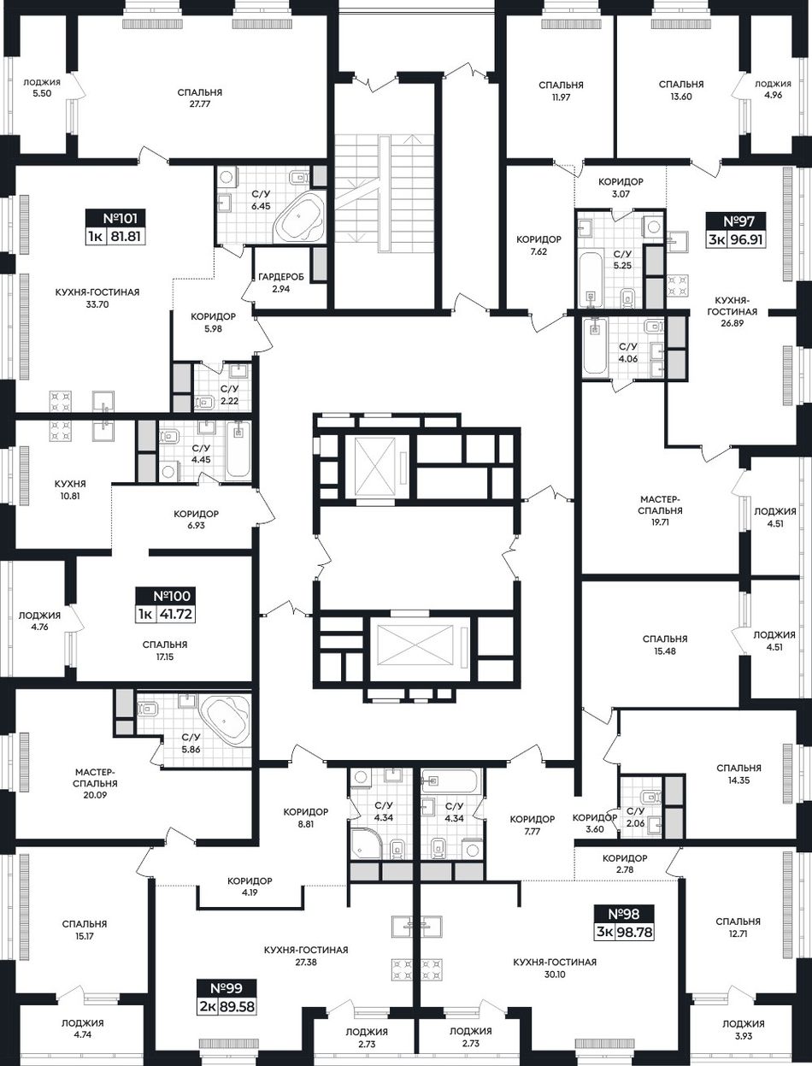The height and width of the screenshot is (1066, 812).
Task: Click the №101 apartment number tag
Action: pyautogui.click(x=115, y=227)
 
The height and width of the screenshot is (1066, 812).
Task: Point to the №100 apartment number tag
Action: pyautogui.click(x=166, y=605)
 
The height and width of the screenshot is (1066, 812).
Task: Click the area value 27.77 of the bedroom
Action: pyautogui.click(x=199, y=104)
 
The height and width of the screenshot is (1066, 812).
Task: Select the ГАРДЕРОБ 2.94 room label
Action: pyautogui.click(x=281, y=283)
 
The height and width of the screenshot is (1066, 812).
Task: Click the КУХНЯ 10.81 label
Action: pyautogui.click(x=70, y=490)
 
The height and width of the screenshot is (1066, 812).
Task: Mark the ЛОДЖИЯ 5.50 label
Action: pyautogui.click(x=42, y=88)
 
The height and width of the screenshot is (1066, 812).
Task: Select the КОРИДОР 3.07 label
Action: pyautogui.click(x=621, y=187)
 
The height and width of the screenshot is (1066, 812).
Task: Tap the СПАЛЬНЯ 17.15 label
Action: pyautogui.click(x=164, y=651)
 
